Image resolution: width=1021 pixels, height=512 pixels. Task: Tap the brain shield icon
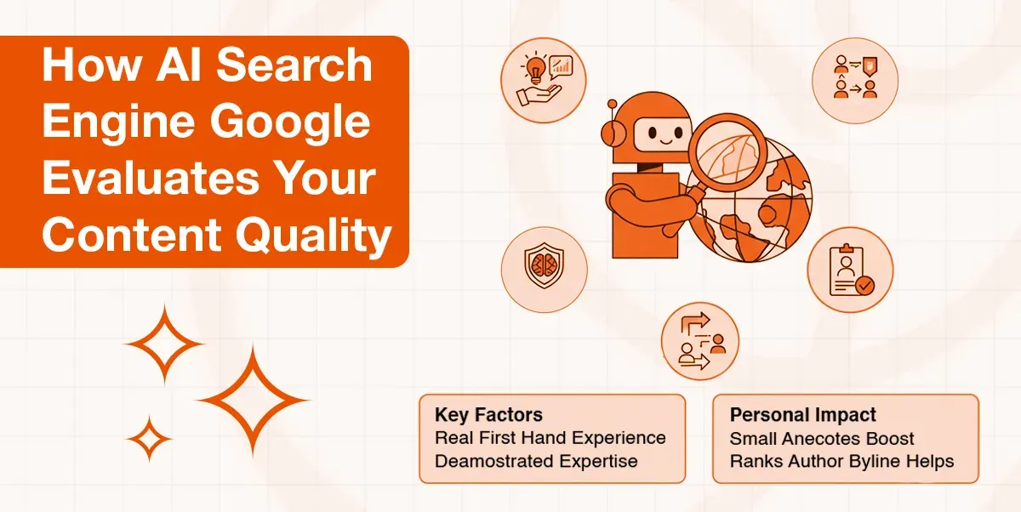point(543,269)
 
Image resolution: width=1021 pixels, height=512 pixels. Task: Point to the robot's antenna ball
point(609,105)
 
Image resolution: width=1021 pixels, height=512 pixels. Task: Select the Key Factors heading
point(488,415)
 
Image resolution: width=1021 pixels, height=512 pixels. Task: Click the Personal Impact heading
point(802,415)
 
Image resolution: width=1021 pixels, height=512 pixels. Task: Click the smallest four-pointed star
point(150,439)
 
